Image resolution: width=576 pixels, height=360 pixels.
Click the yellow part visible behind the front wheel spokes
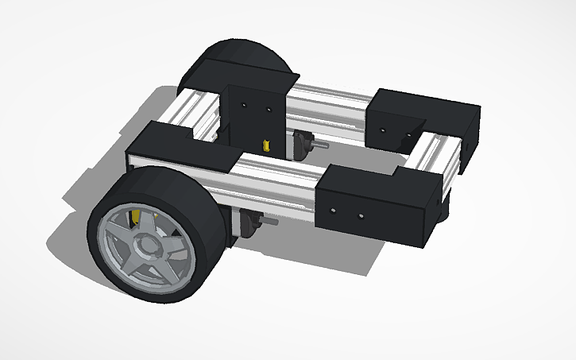point(136,215)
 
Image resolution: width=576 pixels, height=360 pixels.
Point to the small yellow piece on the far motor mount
point(266,145)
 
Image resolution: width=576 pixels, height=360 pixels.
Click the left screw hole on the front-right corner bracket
point(333,211)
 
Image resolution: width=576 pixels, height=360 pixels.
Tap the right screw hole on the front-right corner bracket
point(361,215)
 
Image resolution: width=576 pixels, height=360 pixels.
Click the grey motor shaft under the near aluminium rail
point(269,223)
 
